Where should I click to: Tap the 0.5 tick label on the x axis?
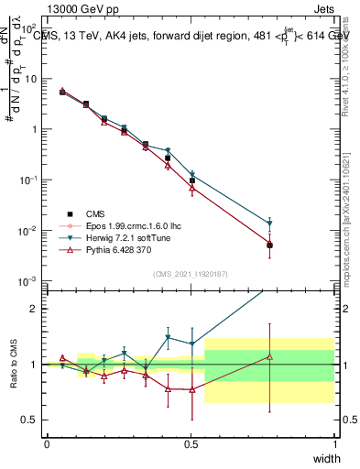point(191,444)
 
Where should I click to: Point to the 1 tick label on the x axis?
point(335,444)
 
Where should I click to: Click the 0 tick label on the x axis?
point(47,444)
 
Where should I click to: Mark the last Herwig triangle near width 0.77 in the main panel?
point(269,224)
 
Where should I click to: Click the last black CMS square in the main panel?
point(269,245)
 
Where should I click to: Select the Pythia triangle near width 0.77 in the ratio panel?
point(269,356)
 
